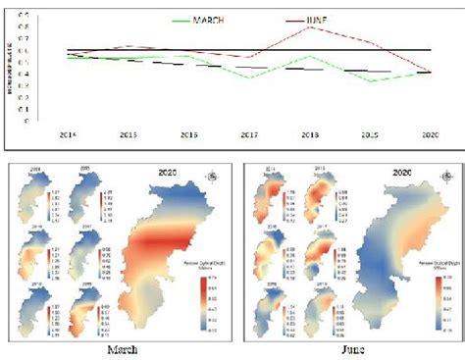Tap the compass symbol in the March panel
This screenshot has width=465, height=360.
point(214,177)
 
